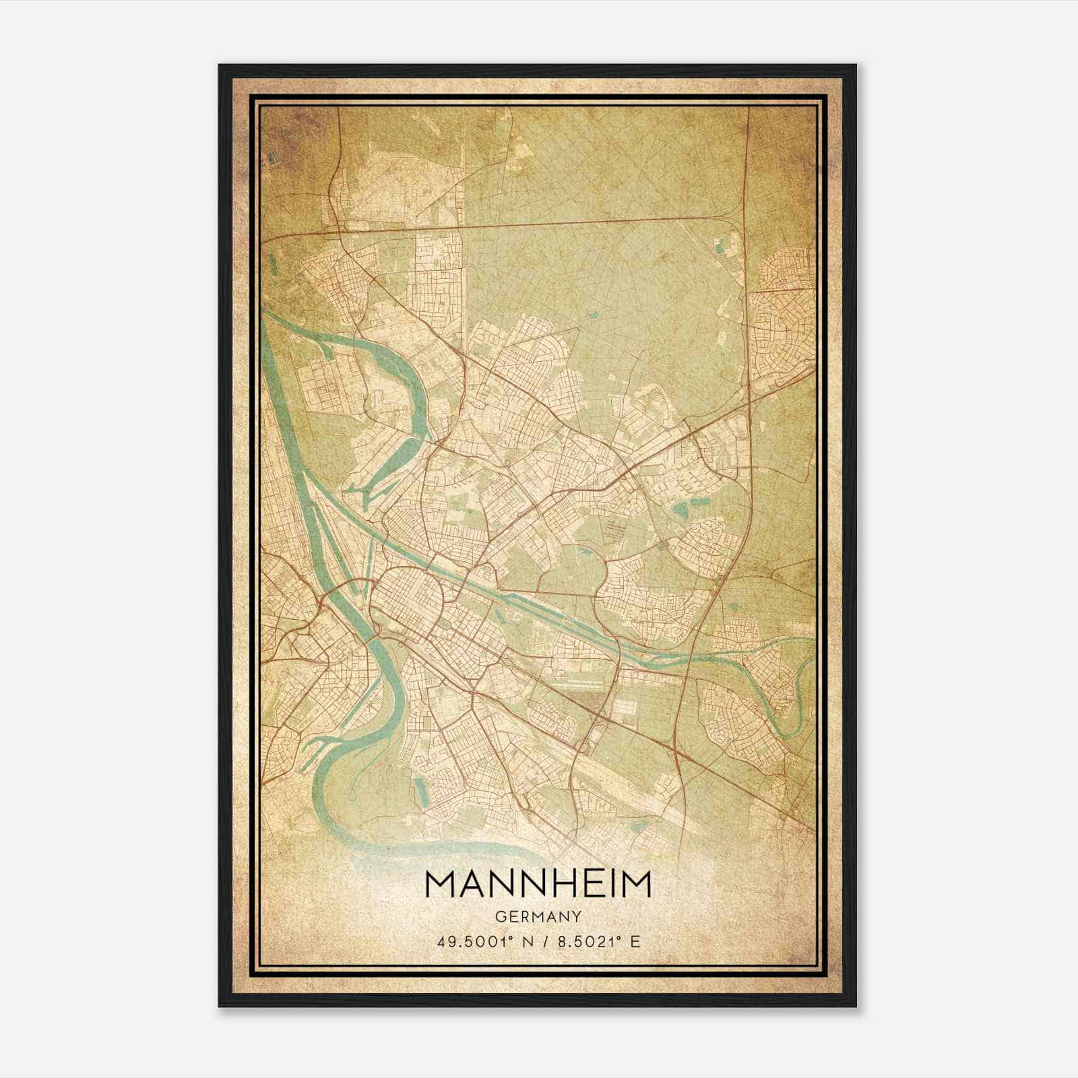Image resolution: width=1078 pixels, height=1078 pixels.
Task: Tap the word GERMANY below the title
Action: [x=538, y=917]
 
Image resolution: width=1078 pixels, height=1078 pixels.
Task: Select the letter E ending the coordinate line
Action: [x=634, y=941]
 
